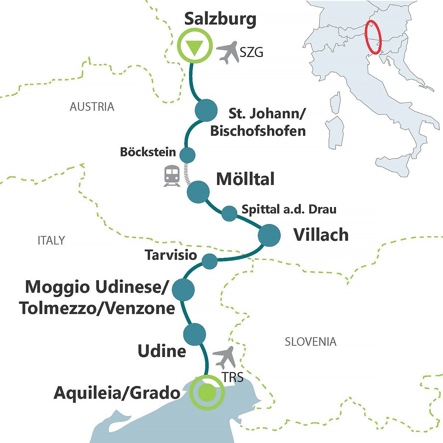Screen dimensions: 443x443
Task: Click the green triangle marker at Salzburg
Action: point(194,47)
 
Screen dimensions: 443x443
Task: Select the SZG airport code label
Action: point(251,52)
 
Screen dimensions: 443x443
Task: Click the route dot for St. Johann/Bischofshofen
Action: point(206,110)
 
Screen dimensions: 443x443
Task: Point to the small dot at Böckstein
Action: point(187,154)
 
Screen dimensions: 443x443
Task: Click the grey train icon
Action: point(172,176)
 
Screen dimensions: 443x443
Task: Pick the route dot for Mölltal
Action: point(198,192)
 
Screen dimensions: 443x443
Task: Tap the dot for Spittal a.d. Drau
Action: point(229,213)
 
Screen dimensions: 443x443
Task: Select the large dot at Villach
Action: point(269,235)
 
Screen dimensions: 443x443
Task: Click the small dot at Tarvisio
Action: point(210,261)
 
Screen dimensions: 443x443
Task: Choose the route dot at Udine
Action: point(194,334)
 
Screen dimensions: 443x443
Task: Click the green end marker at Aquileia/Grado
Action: point(207,392)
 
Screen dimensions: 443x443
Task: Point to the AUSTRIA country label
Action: point(92,107)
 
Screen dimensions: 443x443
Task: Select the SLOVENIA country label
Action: point(310,342)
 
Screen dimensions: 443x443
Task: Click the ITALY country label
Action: point(51,240)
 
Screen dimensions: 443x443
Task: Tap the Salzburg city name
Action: point(220,19)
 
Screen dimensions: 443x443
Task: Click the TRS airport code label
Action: point(233,377)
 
